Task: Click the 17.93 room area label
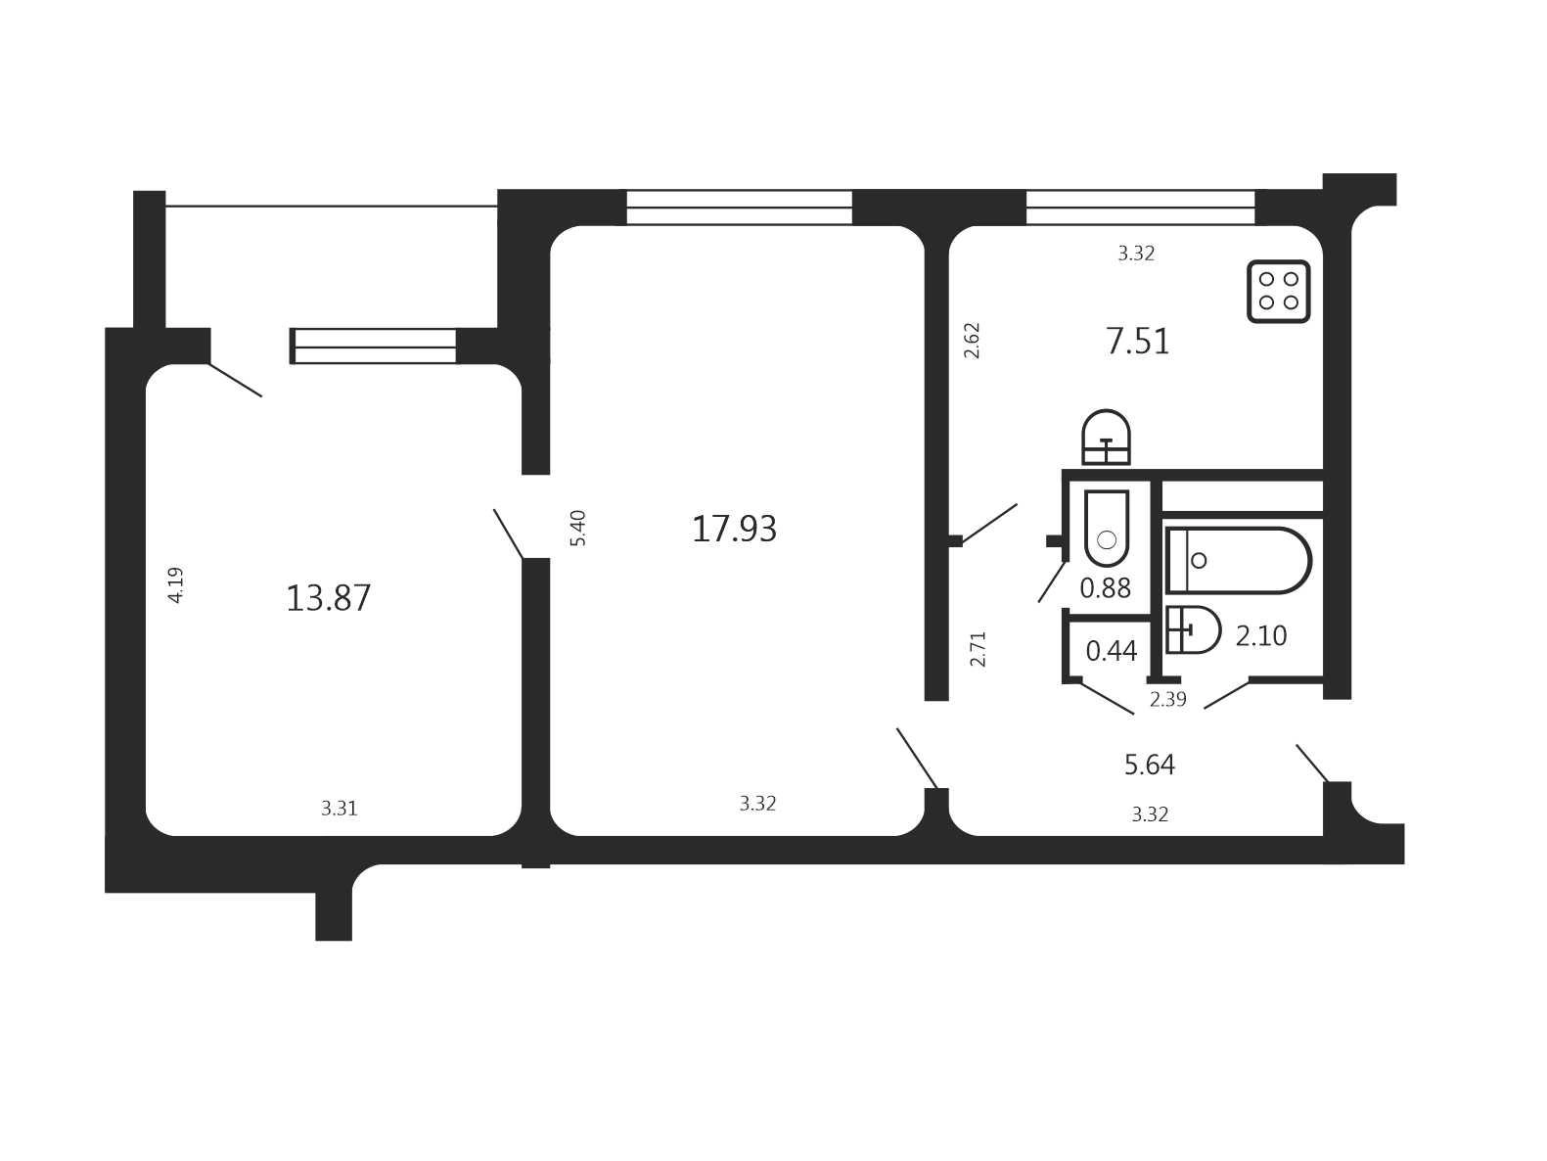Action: [x=734, y=529]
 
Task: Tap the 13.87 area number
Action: [x=328, y=598]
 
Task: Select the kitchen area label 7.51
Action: [x=1138, y=342]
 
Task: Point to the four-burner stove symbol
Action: [x=1278, y=291]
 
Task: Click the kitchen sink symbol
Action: [x=1106, y=437]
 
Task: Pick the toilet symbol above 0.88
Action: [x=1107, y=528]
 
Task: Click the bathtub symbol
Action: [x=1239, y=560]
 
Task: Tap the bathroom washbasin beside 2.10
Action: [x=1193, y=629]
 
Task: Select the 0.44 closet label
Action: [x=1112, y=651]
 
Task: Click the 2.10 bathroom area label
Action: [x=1261, y=636]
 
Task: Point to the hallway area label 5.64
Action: [x=1150, y=765]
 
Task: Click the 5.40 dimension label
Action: [x=578, y=528]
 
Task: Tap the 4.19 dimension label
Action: [x=175, y=585]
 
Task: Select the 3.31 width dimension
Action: [x=339, y=809]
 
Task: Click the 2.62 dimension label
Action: [x=972, y=341]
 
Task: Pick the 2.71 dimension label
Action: [x=978, y=649]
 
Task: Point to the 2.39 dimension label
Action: [x=1167, y=699]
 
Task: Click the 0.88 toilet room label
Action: [x=1105, y=588]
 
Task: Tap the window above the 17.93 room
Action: [x=740, y=208]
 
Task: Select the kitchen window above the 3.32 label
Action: [x=1140, y=208]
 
